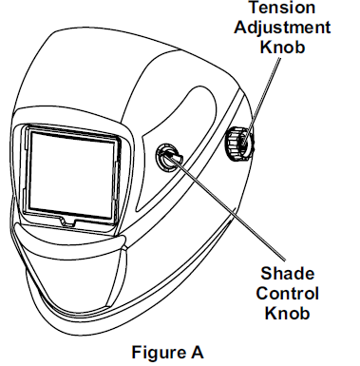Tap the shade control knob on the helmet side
pos(168,155)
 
